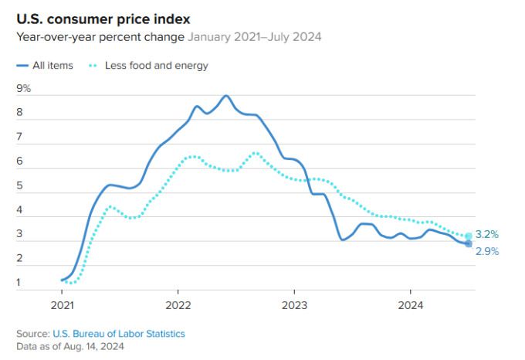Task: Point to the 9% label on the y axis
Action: (x=24, y=89)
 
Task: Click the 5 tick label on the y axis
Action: (x=20, y=186)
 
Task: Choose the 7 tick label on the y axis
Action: (x=20, y=138)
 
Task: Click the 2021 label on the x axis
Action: (x=62, y=304)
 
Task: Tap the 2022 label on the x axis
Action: (x=178, y=304)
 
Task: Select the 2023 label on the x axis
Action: (x=293, y=304)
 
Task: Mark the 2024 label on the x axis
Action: (x=409, y=304)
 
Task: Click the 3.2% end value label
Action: (x=487, y=234)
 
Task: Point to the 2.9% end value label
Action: (x=487, y=252)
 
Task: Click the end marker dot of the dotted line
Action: (x=469, y=236)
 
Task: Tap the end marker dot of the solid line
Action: (x=469, y=244)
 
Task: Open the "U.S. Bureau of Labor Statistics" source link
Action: (x=119, y=333)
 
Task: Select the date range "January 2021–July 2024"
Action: (x=255, y=36)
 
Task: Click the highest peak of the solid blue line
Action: (x=225, y=96)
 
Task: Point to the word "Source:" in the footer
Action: (x=32, y=333)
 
